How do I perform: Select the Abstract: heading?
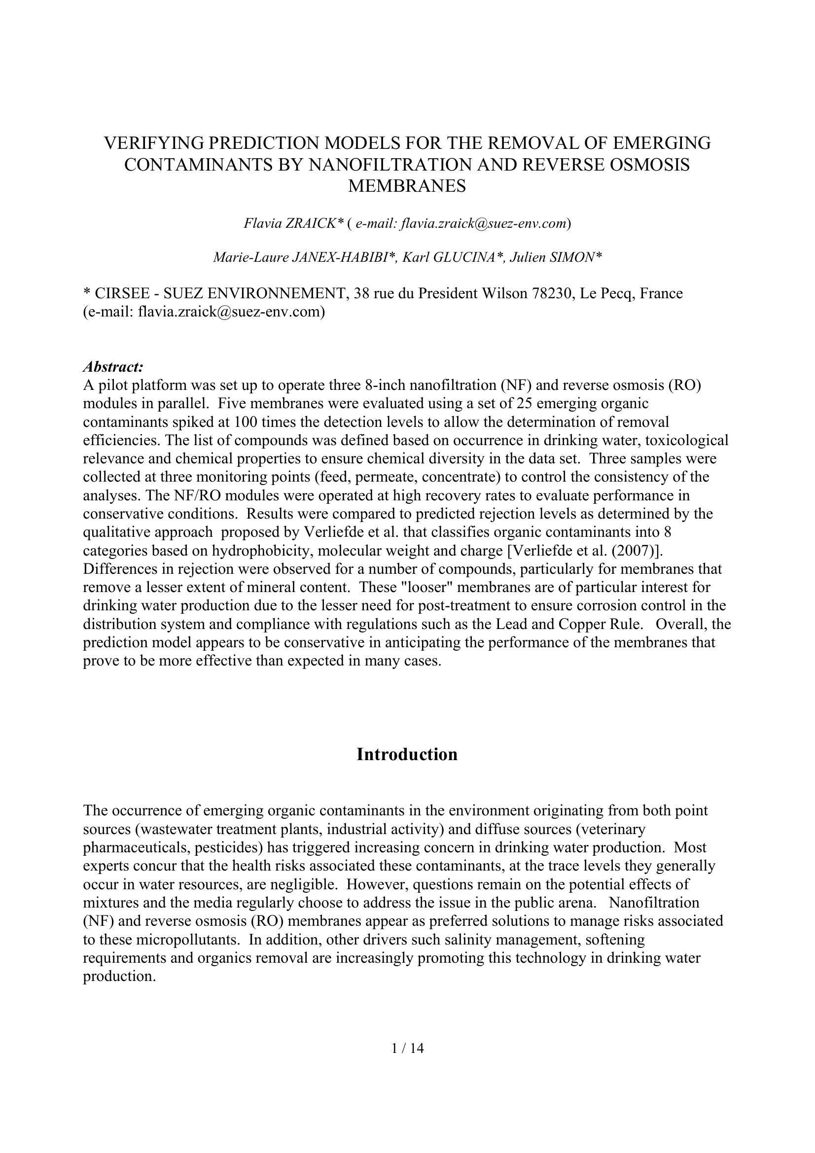pos(113,367)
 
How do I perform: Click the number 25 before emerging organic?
pos(517,404)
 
